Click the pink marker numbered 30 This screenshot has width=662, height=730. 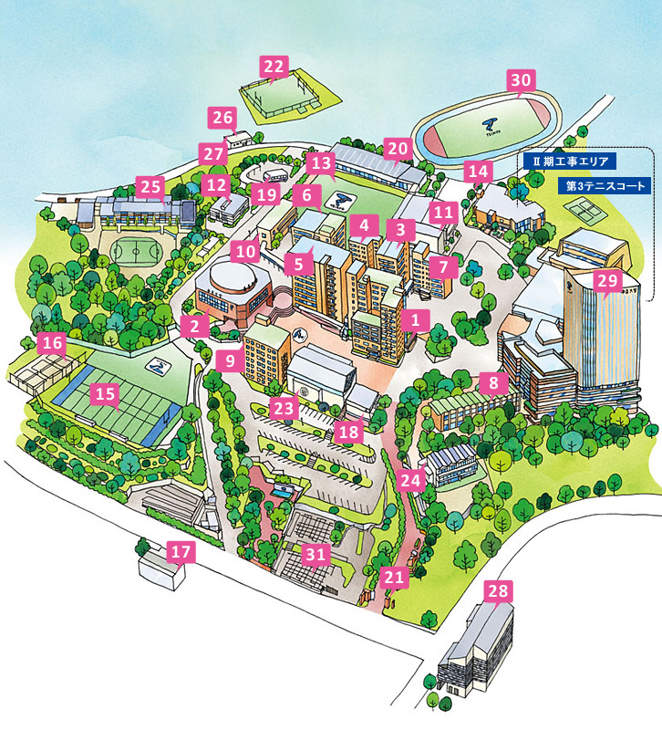[519, 80]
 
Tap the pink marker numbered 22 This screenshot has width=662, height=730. [274, 67]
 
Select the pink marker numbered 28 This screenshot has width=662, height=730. [498, 591]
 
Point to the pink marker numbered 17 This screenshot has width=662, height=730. [181, 552]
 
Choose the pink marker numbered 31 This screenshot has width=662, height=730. [315, 553]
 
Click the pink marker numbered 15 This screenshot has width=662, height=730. [107, 394]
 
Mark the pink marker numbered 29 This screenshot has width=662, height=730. [606, 280]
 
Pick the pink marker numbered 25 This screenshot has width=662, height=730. [150, 186]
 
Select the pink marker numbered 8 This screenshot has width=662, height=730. [493, 383]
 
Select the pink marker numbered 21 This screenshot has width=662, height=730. [394, 577]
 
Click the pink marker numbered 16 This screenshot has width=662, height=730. [53, 344]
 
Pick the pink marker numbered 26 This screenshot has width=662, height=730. [222, 117]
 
